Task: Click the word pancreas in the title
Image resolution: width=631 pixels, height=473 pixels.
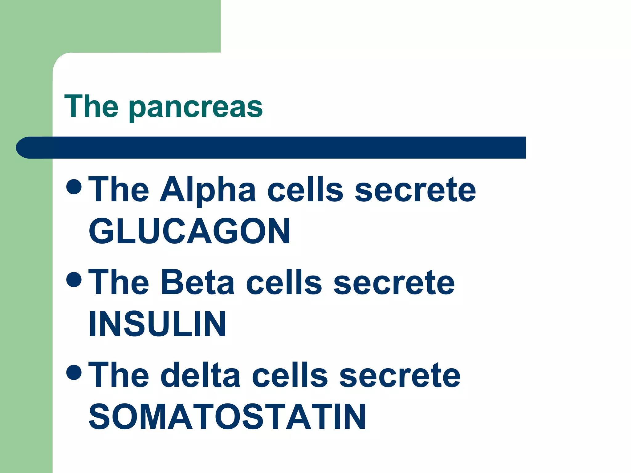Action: [196, 108]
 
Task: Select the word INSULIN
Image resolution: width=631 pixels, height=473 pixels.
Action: [157, 324]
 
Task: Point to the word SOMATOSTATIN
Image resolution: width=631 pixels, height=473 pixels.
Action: [227, 417]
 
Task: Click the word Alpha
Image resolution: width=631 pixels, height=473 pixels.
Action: [208, 190]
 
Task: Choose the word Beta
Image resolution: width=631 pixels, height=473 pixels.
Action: [197, 283]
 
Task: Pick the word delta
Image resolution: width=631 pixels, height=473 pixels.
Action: [200, 375]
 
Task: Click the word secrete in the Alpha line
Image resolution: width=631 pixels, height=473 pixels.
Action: [415, 190]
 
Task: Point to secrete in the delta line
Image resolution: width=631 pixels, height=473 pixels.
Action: [400, 375]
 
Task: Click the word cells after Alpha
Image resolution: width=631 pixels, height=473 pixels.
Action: [305, 190]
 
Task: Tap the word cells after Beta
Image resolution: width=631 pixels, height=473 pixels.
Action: [284, 283]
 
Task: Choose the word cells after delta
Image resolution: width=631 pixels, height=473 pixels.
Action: [290, 375]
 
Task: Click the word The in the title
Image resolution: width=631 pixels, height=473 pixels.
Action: [91, 106]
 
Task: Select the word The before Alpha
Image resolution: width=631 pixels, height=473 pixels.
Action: [119, 190]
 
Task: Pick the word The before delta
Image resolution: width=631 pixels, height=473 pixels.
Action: [119, 375]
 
